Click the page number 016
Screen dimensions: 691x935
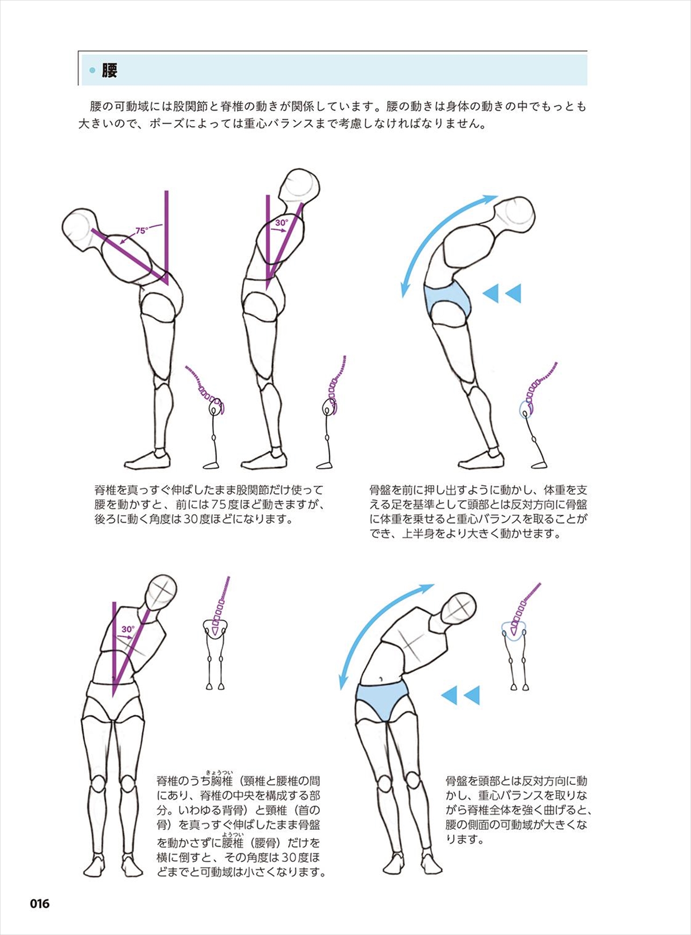(40, 904)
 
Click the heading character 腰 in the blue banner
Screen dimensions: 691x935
(109, 71)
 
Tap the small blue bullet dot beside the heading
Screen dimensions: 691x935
(92, 71)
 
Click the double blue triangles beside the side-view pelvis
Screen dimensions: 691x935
(502, 293)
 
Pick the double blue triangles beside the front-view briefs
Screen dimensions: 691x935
(461, 695)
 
